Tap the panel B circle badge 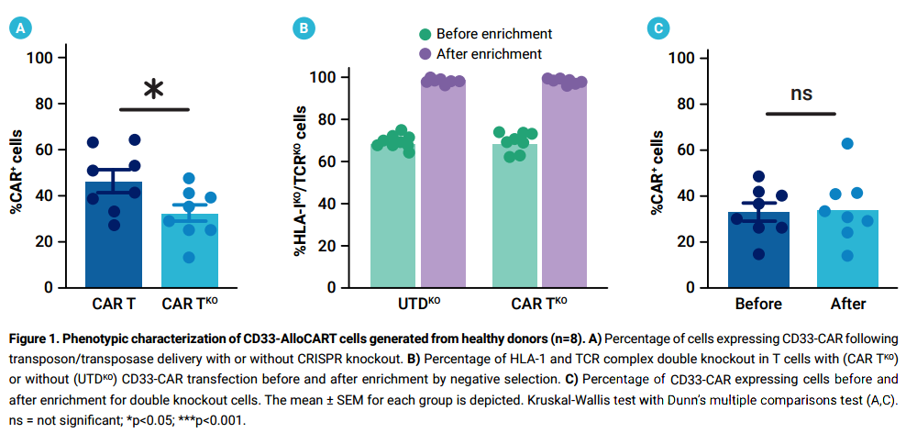coord(304,28)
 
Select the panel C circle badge coord(657,28)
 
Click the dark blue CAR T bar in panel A coord(114,239)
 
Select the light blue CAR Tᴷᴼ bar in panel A coord(189,252)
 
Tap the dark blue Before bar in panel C coord(758,252)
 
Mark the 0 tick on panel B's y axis coord(341,288)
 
